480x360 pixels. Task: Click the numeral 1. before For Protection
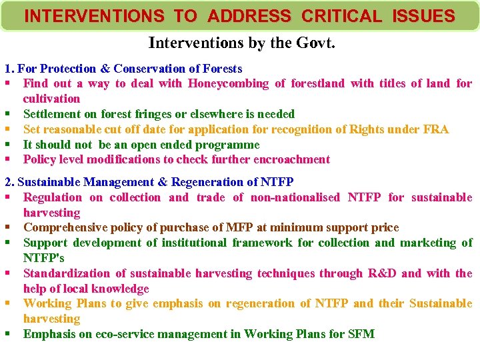[9, 69]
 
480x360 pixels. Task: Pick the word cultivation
[51, 99]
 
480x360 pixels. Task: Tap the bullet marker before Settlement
[7, 114]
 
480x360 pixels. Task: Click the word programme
[227, 145]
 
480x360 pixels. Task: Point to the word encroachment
[293, 159]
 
